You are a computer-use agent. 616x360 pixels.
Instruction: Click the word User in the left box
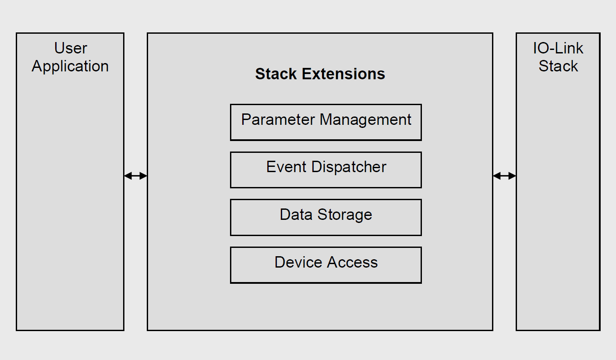pyautogui.click(x=71, y=48)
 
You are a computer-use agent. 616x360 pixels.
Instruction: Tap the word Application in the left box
pyautogui.click(x=70, y=67)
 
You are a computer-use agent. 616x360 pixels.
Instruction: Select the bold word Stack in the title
pyautogui.click(x=276, y=74)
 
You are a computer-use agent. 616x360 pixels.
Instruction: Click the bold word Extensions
pyautogui.click(x=343, y=74)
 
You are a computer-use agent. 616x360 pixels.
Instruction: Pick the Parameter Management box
pyautogui.click(x=326, y=122)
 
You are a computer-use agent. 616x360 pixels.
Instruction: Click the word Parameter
pyautogui.click(x=278, y=120)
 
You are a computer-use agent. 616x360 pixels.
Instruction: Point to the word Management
pyautogui.click(x=365, y=120)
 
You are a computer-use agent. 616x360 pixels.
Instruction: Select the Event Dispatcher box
pyautogui.click(x=326, y=170)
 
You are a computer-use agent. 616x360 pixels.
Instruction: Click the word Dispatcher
pyautogui.click(x=349, y=167)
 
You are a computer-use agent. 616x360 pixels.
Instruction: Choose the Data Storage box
pyautogui.click(x=326, y=217)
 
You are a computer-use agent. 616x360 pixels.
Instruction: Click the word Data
pyautogui.click(x=296, y=215)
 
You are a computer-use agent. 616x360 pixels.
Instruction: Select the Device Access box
pyautogui.click(x=326, y=265)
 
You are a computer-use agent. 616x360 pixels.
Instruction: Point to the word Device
pyautogui.click(x=298, y=262)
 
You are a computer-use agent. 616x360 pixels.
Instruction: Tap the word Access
pyautogui.click(x=353, y=262)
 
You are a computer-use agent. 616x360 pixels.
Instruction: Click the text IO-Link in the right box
pyautogui.click(x=558, y=48)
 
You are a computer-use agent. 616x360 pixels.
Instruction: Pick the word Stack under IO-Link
pyautogui.click(x=558, y=66)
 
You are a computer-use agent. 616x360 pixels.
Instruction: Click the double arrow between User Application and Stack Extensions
pyautogui.click(x=135, y=176)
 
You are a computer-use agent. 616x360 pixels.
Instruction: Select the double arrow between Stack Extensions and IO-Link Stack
pyautogui.click(x=504, y=176)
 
